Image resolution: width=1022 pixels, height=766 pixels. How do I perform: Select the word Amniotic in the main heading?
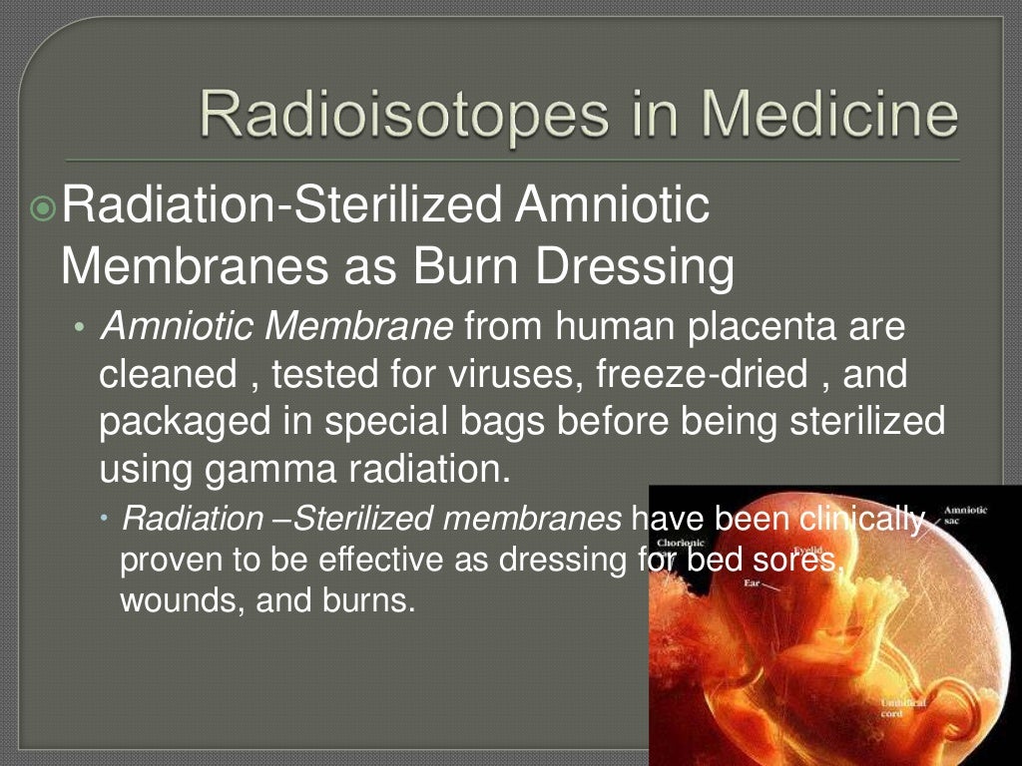pos(614,206)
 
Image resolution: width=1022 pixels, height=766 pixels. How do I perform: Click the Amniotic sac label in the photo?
pos(965,515)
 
